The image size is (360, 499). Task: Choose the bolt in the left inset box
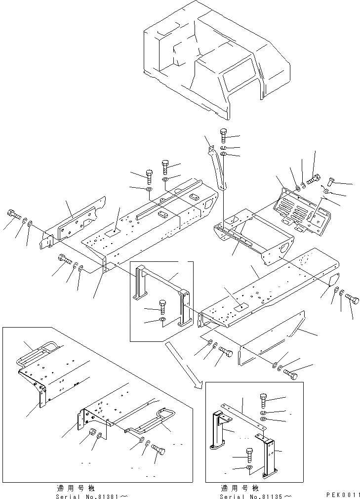pos(158,448)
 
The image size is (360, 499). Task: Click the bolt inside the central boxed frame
pos(162,306)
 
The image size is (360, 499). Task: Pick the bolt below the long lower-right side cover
pos(292,374)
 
